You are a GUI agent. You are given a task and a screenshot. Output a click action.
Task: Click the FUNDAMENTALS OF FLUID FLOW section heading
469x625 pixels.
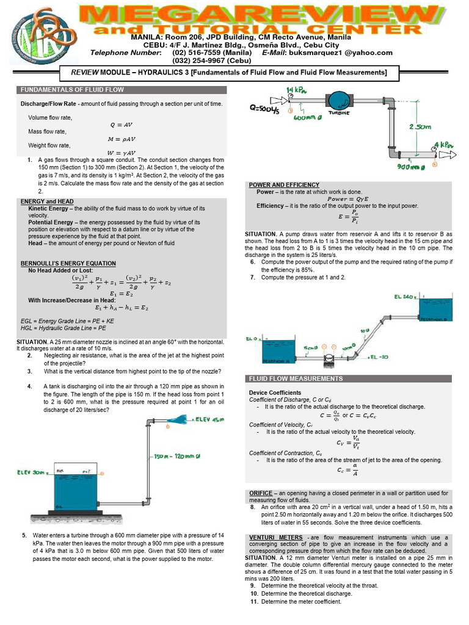coord(73,90)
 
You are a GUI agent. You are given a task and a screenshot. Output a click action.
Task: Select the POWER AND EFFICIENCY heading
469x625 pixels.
coord(284,184)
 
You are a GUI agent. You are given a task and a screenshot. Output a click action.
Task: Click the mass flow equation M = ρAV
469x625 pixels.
coord(122,139)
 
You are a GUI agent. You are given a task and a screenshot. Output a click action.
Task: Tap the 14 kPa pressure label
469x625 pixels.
coord(296,90)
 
